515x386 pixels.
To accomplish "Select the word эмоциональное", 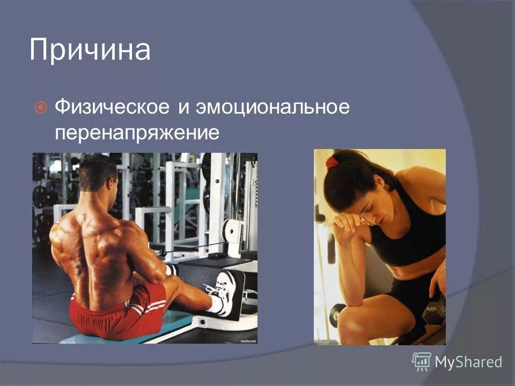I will [272, 107].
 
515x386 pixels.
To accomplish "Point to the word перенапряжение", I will [137, 132].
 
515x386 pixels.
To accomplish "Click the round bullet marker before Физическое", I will [40, 108].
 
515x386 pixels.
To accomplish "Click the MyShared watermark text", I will [468, 362].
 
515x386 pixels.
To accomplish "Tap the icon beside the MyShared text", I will [421, 361].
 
